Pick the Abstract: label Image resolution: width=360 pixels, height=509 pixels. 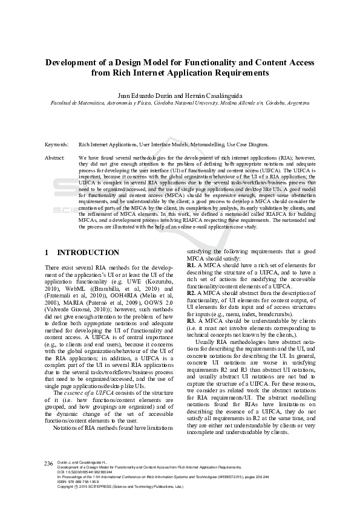point(55,157)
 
